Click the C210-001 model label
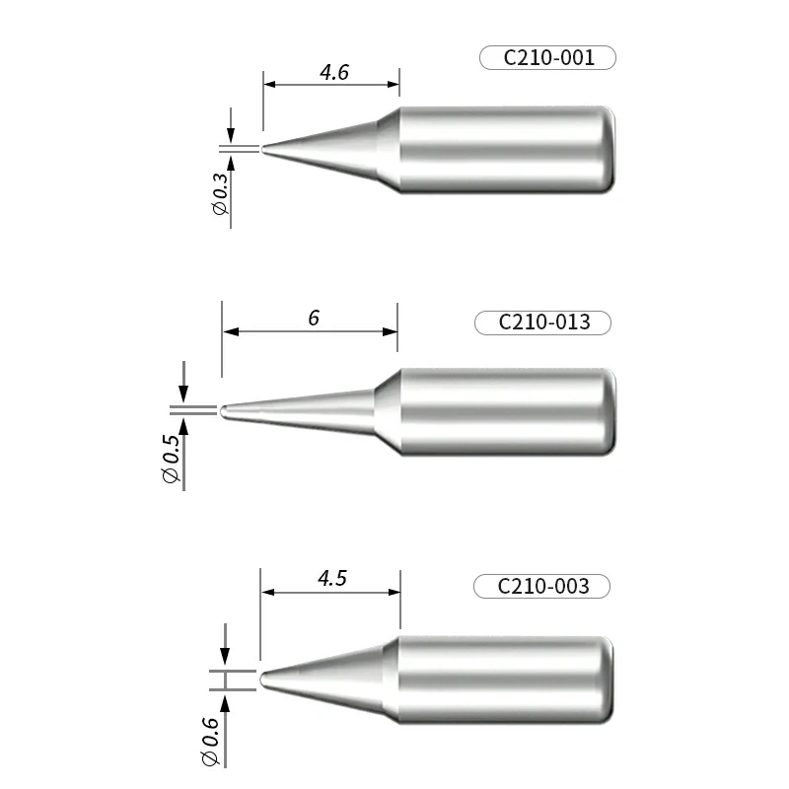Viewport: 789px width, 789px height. click(x=547, y=58)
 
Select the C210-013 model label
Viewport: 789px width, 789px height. click(x=543, y=322)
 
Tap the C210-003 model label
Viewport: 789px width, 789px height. click(x=542, y=586)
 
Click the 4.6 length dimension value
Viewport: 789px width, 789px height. click(x=333, y=73)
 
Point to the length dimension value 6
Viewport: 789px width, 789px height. click(x=314, y=318)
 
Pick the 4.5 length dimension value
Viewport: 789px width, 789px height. click(x=331, y=579)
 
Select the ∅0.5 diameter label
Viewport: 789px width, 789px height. click(x=172, y=460)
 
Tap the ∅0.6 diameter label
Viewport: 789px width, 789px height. click(x=210, y=743)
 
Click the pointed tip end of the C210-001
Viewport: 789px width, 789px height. click(x=264, y=150)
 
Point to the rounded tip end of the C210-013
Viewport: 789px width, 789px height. click(x=224, y=410)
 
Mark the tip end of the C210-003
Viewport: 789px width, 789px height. click(x=260, y=680)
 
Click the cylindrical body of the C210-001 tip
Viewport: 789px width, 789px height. click(x=508, y=149)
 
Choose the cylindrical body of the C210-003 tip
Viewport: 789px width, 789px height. click(x=508, y=680)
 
